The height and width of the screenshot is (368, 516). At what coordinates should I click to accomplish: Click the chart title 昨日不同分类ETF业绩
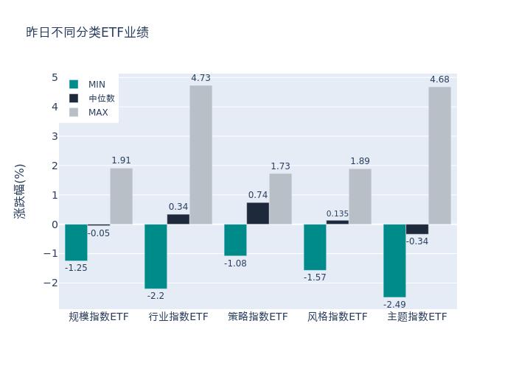[87, 32]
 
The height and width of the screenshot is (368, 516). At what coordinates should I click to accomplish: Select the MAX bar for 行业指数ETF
[201, 155]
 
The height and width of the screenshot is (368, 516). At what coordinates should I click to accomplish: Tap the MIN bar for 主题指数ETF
[394, 261]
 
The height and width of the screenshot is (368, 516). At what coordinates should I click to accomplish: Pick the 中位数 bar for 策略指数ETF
[257, 213]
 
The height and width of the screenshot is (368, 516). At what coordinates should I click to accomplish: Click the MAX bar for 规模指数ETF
[121, 197]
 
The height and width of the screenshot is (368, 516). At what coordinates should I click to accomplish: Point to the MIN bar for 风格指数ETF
[315, 247]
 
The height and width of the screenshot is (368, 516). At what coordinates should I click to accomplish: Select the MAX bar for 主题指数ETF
[439, 155]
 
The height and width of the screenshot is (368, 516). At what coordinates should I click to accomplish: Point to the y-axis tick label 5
[55, 77]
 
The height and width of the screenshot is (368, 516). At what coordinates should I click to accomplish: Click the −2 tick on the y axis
[52, 283]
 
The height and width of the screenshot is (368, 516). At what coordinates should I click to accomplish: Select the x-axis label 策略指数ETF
[258, 317]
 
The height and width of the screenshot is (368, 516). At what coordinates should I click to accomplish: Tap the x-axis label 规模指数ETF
[99, 317]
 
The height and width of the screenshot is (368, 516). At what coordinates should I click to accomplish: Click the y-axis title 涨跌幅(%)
[20, 191]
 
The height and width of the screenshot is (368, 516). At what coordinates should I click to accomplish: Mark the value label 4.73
[201, 78]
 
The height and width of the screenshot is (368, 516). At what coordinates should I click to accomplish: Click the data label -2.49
[394, 304]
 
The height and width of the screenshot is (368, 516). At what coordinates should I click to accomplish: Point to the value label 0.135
[338, 214]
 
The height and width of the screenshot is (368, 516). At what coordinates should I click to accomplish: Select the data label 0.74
[258, 195]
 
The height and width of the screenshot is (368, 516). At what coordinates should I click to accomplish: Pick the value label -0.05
[99, 233]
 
